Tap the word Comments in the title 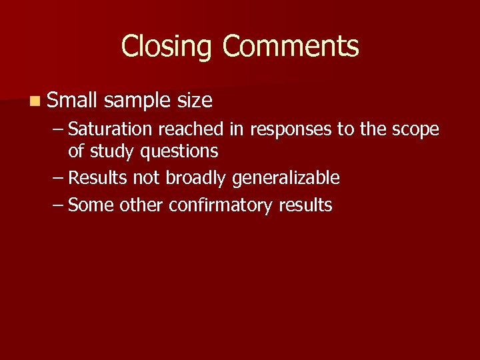tap(291, 47)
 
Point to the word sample tap(138, 101)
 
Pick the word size tap(195, 101)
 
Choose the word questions tap(179, 152)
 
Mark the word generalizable tap(286, 179)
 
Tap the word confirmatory tap(221, 205)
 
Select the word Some tap(91, 205)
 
